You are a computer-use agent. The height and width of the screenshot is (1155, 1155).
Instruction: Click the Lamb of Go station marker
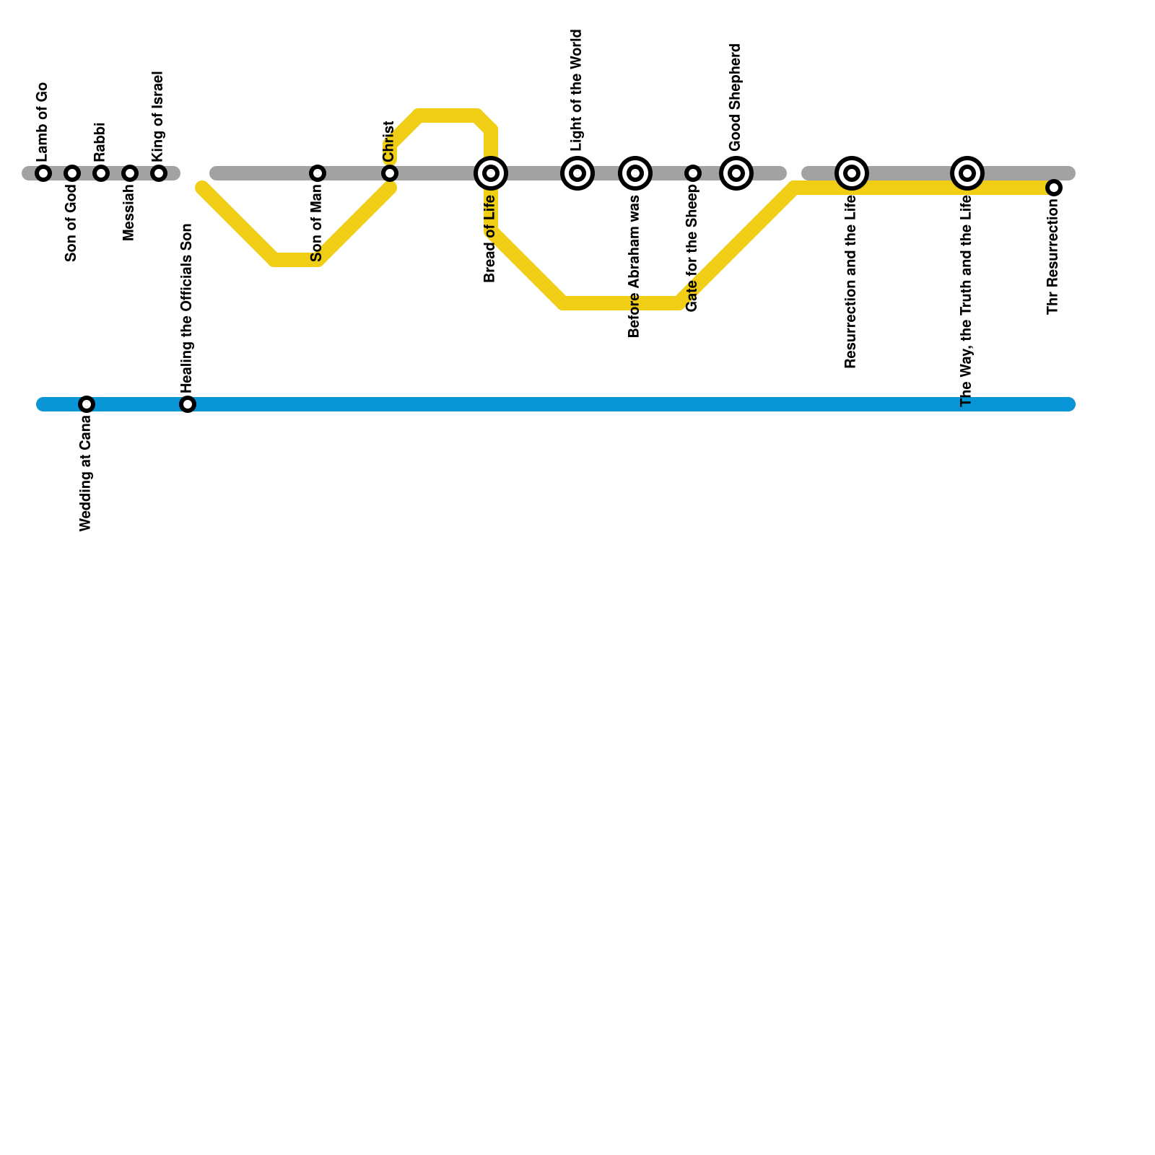pyautogui.click(x=43, y=173)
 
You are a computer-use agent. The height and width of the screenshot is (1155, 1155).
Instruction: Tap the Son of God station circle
pyautogui.click(x=72, y=173)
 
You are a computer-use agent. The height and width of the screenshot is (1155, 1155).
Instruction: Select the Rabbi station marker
pyautogui.click(x=101, y=173)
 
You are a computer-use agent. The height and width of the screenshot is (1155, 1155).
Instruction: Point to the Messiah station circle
pyautogui.click(x=130, y=173)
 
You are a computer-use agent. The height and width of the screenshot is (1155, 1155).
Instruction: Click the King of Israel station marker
pyautogui.click(x=159, y=173)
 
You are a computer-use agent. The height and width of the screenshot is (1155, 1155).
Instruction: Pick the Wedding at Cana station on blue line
pyautogui.click(x=87, y=404)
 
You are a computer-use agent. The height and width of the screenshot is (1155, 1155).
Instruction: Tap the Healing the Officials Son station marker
pyautogui.click(x=188, y=404)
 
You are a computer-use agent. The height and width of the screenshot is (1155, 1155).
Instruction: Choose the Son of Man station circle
pyautogui.click(x=318, y=173)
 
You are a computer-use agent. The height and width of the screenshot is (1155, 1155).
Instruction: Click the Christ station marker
pyautogui.click(x=390, y=173)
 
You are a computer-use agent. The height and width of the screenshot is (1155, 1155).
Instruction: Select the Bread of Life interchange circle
pyautogui.click(x=491, y=173)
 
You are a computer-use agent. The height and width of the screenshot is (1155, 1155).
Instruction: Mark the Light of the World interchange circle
pyautogui.click(x=577, y=173)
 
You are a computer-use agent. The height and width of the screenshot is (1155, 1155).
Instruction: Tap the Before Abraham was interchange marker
pyautogui.click(x=635, y=173)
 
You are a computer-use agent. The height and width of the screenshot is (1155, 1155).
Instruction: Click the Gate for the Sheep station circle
pyautogui.click(x=693, y=173)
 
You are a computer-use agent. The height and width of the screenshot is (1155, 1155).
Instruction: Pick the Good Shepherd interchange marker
pyautogui.click(x=736, y=173)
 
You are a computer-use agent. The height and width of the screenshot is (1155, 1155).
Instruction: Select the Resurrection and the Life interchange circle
pyautogui.click(x=852, y=173)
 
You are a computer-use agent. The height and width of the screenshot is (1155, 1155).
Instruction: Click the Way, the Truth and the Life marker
pyautogui.click(x=967, y=173)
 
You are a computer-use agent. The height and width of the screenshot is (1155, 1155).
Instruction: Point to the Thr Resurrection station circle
pyautogui.click(x=1054, y=188)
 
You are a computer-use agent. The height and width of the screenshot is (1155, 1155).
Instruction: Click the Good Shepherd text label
pyautogui.click(x=736, y=97)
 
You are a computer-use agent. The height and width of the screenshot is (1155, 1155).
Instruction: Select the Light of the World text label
pyautogui.click(x=576, y=90)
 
